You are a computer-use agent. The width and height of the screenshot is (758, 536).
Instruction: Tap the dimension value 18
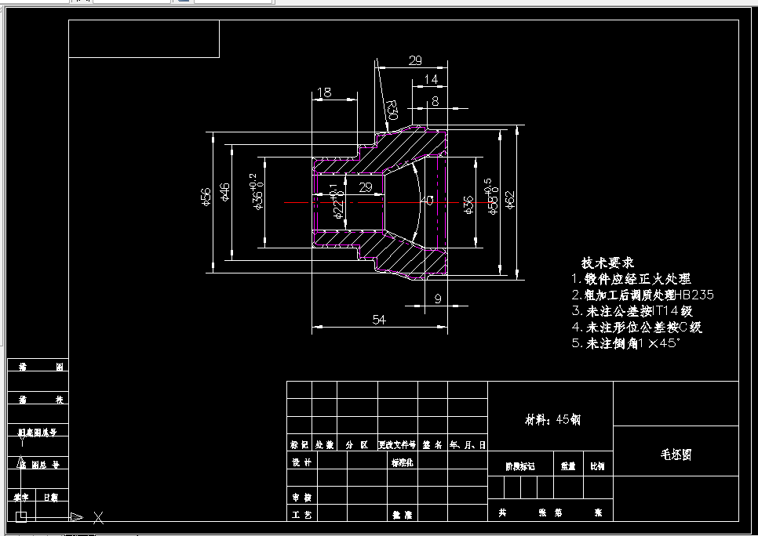[323, 93]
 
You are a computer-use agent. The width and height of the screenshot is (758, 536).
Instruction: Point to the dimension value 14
[431, 79]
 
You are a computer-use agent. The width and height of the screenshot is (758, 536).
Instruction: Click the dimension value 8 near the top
[434, 101]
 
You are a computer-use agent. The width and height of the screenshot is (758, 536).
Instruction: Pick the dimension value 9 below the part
[437, 298]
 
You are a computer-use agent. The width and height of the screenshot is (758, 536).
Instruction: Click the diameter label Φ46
[225, 192]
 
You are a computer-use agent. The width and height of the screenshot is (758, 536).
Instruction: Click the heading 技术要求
[607, 263]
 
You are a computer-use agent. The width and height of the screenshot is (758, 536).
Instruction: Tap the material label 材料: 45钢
[552, 419]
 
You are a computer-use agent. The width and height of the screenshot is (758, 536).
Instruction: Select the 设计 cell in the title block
[301, 462]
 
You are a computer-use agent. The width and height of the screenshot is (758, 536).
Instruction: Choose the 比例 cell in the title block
[597, 465]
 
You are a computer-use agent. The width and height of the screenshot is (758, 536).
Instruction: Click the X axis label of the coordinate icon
[99, 517]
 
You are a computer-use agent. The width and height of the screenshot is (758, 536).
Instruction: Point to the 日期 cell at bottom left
[50, 497]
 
